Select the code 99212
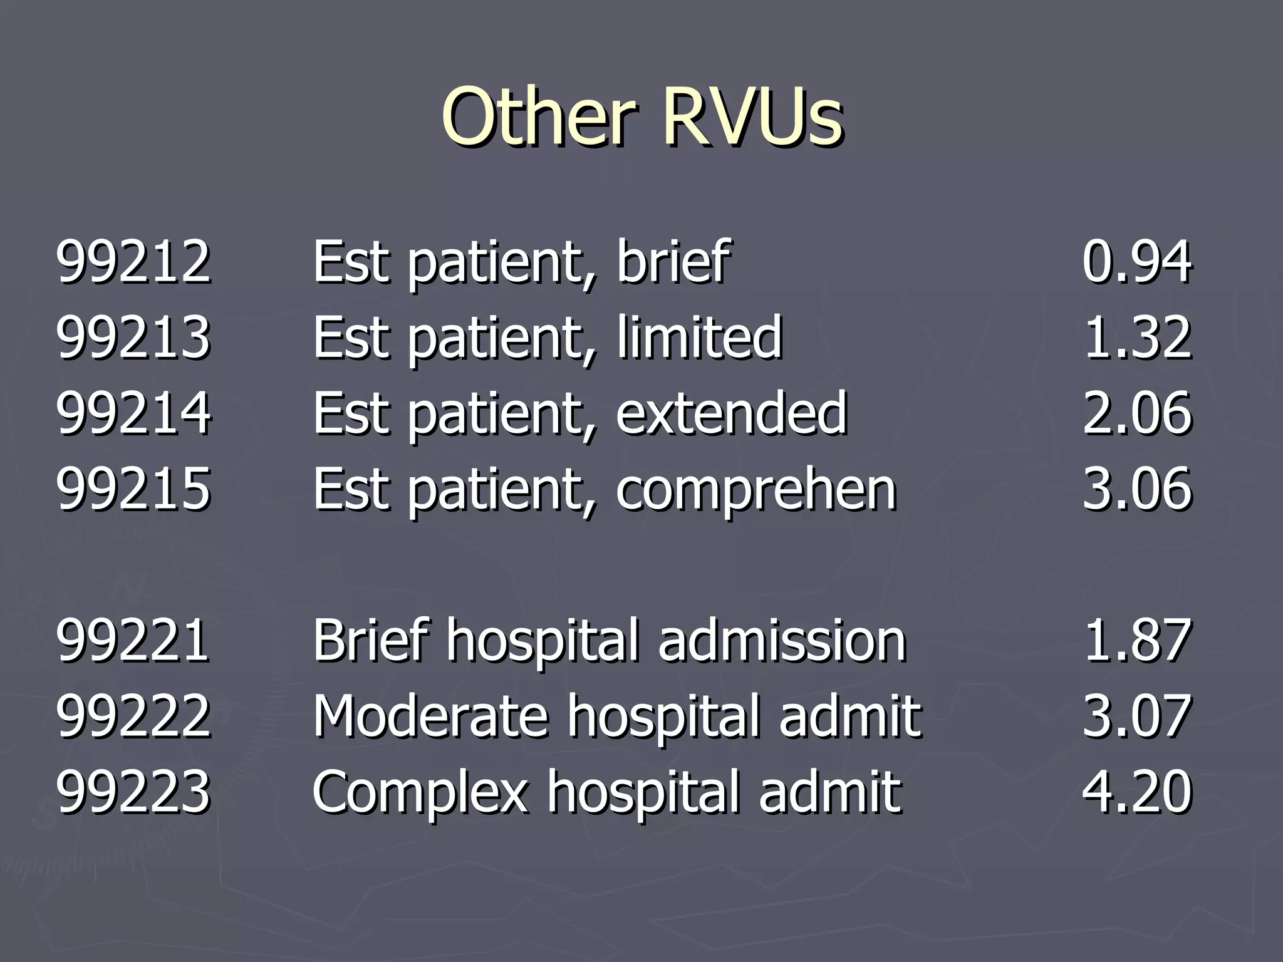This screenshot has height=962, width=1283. [x=133, y=261]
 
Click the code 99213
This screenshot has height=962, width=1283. [x=133, y=338]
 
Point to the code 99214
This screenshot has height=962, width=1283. [x=133, y=413]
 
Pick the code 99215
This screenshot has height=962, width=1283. [x=133, y=489]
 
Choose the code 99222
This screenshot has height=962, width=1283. [x=133, y=716]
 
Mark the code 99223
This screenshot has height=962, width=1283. [x=133, y=792]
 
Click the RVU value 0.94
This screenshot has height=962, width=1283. [x=1136, y=261]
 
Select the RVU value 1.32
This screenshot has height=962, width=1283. [x=1136, y=338]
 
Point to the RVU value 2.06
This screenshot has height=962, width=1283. [x=1136, y=413]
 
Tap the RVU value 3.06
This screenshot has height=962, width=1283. [x=1136, y=489]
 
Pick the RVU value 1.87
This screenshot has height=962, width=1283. [x=1136, y=640]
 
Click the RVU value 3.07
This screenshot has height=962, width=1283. [x=1136, y=716]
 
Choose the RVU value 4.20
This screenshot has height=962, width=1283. [x=1136, y=792]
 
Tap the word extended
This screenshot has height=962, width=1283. [x=731, y=413]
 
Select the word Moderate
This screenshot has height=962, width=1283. [x=432, y=716]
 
